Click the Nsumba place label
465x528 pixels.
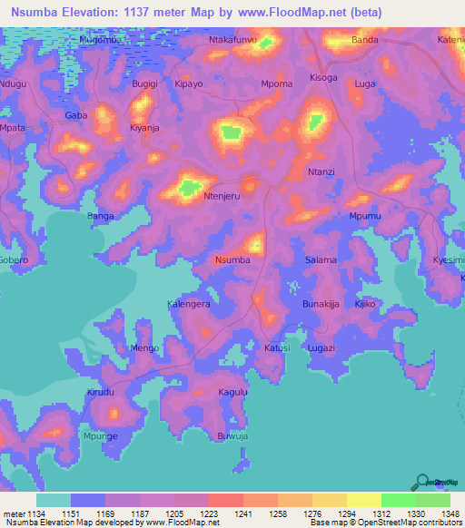click(232, 260)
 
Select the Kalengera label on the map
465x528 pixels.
click(190, 305)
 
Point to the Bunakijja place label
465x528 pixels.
click(321, 305)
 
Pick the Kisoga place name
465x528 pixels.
click(323, 78)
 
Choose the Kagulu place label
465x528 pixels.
click(233, 392)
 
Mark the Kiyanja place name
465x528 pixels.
click(144, 129)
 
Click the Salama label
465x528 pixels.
click(321, 260)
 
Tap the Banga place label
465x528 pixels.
click(100, 216)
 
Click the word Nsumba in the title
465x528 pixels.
click(39, 13)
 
